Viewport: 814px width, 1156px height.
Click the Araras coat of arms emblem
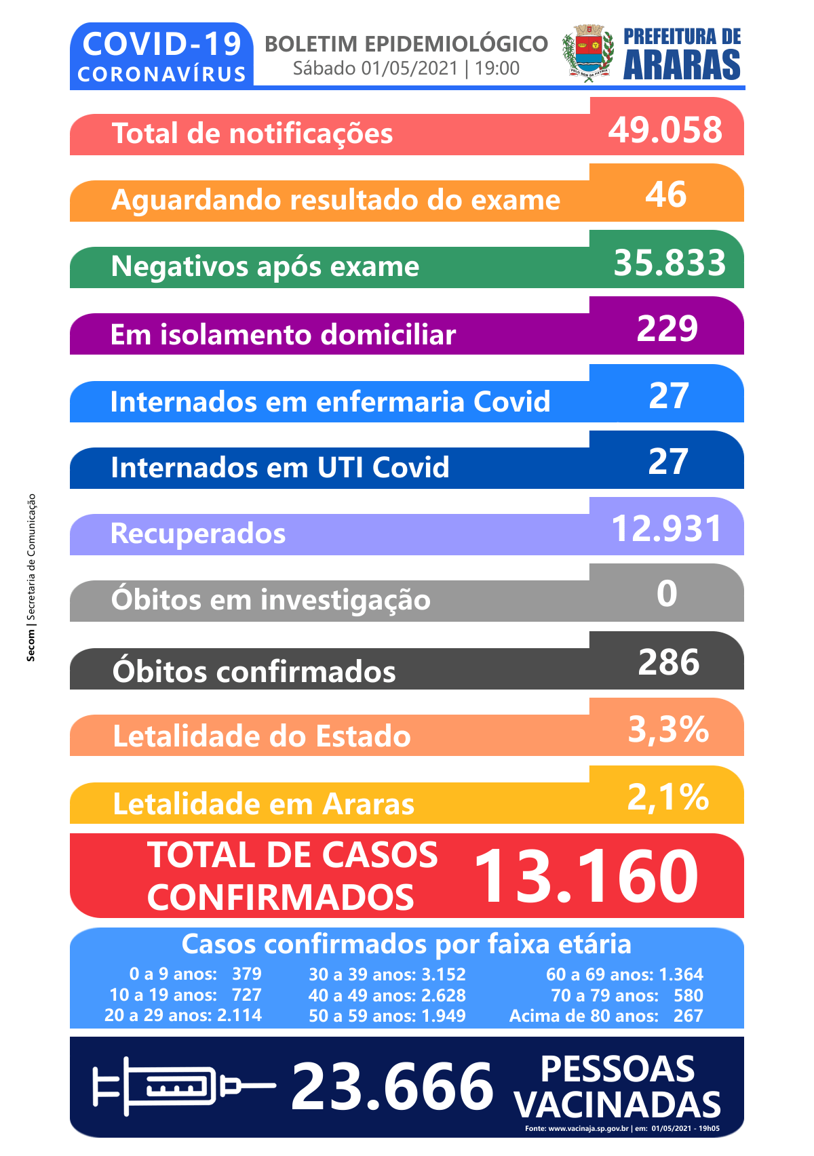[588, 54]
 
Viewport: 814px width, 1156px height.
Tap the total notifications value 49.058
[665, 129]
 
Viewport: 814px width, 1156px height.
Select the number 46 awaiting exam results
[666, 195]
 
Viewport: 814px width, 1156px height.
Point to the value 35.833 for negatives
[670, 262]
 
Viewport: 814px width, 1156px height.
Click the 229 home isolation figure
[667, 328]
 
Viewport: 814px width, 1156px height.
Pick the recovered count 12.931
[667, 529]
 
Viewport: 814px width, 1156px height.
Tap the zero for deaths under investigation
[667, 593]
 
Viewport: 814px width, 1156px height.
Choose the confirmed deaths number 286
[669, 662]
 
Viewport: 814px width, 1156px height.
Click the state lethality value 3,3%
[669, 730]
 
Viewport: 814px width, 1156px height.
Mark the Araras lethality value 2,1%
[669, 797]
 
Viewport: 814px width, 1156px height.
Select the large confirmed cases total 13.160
[586, 877]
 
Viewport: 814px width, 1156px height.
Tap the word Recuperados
[198, 534]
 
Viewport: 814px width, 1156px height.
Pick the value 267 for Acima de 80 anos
[688, 1016]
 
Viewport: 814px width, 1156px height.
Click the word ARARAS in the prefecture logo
[682, 66]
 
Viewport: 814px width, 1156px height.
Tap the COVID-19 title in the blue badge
[161, 44]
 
